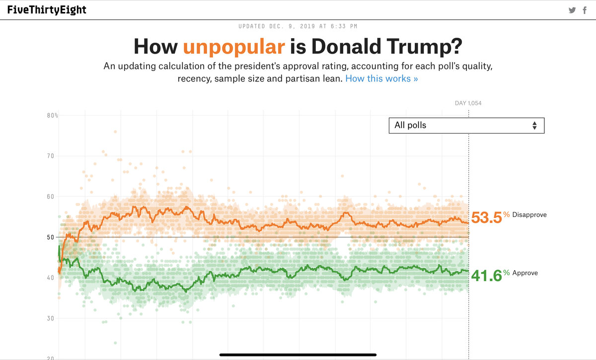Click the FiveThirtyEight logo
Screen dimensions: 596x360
pos(47,10)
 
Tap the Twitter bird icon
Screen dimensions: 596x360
pos(572,10)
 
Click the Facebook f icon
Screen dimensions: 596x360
pos(585,10)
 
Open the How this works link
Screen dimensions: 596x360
pos(381,79)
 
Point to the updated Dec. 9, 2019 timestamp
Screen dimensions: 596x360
pos(298,26)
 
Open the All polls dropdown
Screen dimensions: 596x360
pos(466,125)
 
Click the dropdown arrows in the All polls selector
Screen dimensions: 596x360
pos(534,126)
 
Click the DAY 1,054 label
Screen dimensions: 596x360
pos(468,103)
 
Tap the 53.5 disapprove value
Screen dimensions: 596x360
pos(486,217)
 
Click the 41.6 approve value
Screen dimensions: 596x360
pos(486,276)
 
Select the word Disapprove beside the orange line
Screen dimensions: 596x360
pos(529,215)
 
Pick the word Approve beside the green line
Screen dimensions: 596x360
pos(525,273)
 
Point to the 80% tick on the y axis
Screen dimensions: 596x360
pos(53,116)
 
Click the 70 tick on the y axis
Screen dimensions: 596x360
pos(51,156)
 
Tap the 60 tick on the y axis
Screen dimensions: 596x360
pos(51,197)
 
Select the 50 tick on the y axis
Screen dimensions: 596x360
pos(51,237)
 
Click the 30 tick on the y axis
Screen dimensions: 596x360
pos(51,318)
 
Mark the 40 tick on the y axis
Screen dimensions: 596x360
pos(51,278)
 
